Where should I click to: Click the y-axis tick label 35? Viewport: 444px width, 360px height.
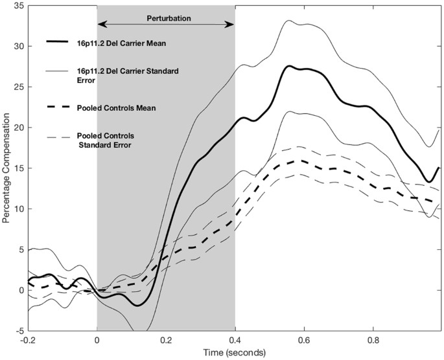(19, 6)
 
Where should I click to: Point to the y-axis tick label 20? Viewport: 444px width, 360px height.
(19, 128)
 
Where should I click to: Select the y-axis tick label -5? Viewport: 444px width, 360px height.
(20, 330)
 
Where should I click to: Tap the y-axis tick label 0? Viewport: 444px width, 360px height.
(21, 290)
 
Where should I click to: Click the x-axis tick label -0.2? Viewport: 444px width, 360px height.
(28, 339)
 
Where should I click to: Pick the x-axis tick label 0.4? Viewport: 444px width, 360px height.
(235, 339)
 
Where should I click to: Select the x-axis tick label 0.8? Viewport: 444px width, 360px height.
(373, 339)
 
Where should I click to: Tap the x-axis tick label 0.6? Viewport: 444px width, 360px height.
(304, 339)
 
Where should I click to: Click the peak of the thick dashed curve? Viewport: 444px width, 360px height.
(298, 160)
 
